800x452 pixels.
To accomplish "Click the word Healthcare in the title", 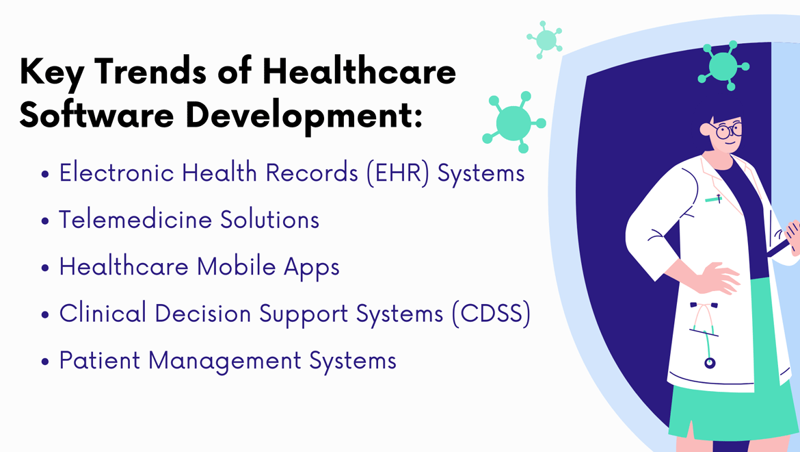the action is pyautogui.click(x=359, y=71).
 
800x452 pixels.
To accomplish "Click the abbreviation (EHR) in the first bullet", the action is pyautogui.click(x=398, y=173).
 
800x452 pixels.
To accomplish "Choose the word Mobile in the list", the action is pyautogui.click(x=236, y=266).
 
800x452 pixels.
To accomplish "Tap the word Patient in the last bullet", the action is pyautogui.click(x=100, y=360).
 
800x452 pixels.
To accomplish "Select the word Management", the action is pyautogui.click(x=224, y=361).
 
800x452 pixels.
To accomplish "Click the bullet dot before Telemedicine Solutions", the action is pyautogui.click(x=45, y=221).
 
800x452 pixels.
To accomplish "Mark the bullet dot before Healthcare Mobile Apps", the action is pyautogui.click(x=45, y=268).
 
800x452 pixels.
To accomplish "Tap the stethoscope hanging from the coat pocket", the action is pyautogui.click(x=705, y=334).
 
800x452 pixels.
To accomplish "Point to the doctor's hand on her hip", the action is pyautogui.click(x=717, y=278).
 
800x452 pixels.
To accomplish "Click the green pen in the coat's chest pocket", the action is pyautogui.click(x=714, y=199).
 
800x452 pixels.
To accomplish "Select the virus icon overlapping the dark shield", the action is pyautogui.click(x=723, y=65).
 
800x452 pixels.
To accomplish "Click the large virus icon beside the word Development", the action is pyautogui.click(x=514, y=122).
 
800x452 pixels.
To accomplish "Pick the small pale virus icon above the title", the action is pyautogui.click(x=545, y=40).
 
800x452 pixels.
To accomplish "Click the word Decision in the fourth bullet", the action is pyautogui.click(x=202, y=313).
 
